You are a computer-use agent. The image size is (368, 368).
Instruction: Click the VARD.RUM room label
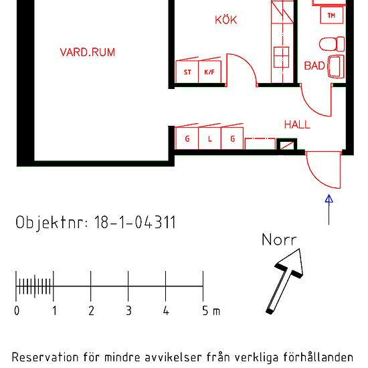click(x=87, y=52)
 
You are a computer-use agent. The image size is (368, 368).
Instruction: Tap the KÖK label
click(x=225, y=20)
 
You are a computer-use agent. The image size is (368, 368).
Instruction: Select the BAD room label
click(x=314, y=66)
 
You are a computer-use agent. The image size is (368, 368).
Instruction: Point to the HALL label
click(x=297, y=124)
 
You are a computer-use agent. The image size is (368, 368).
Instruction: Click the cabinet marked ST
click(x=187, y=72)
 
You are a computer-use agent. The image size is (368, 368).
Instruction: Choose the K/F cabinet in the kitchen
click(x=209, y=72)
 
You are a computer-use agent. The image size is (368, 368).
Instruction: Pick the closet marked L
click(x=209, y=139)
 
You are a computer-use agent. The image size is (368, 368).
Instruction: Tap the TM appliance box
click(x=331, y=15)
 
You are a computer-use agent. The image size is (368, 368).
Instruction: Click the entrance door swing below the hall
click(x=323, y=170)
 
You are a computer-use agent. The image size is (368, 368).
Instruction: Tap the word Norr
click(x=278, y=240)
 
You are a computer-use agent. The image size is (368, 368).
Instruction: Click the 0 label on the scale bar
click(x=17, y=311)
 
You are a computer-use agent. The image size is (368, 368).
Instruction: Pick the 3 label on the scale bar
click(x=128, y=311)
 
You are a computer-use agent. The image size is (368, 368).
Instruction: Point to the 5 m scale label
click(x=210, y=311)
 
